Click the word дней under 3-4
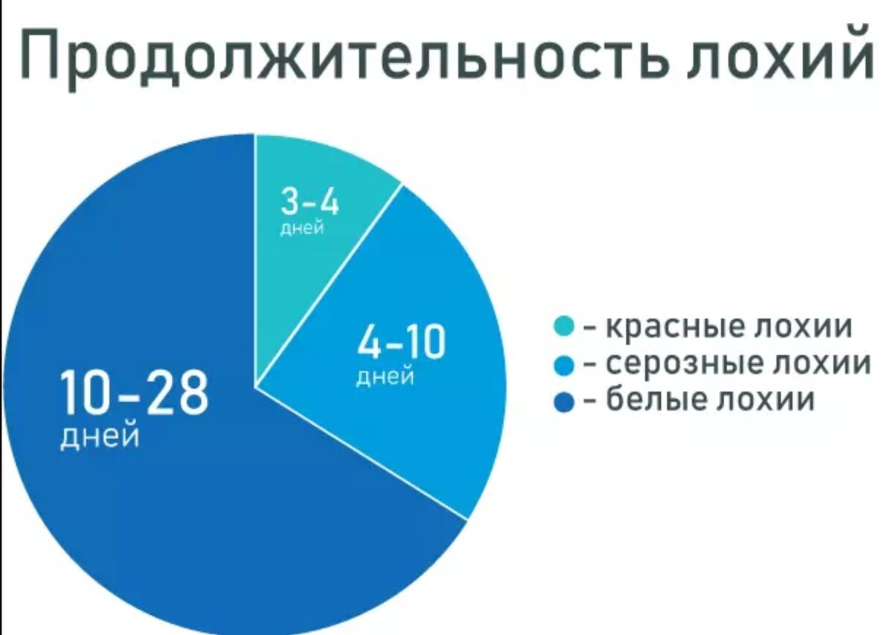tap(302, 229)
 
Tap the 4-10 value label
tap(401, 344)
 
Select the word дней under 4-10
tap(385, 377)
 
